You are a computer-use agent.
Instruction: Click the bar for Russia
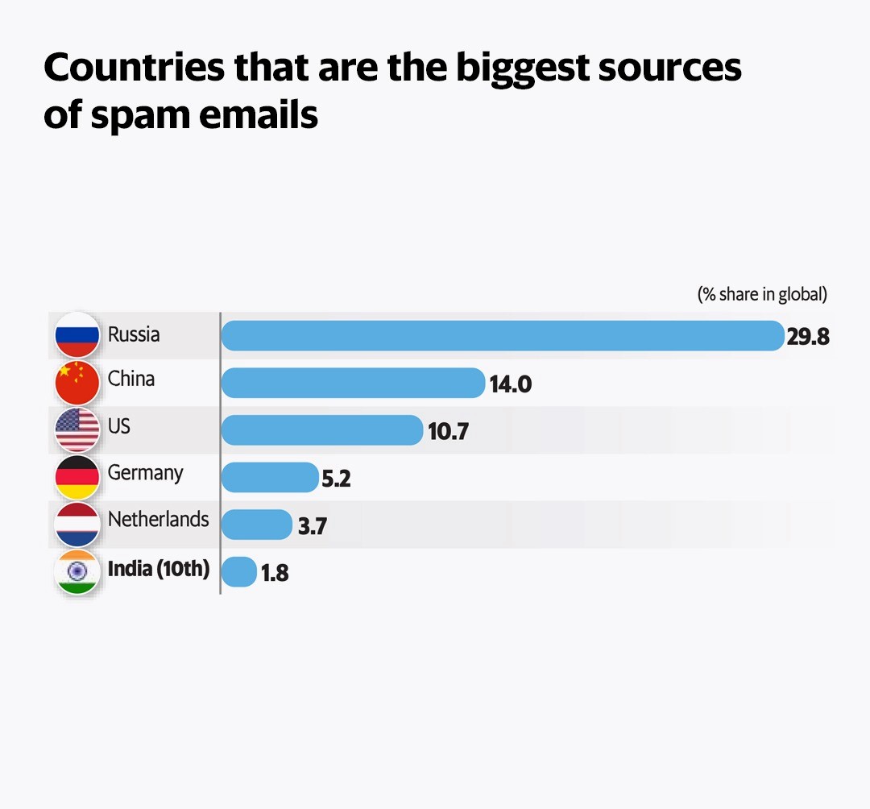point(502,335)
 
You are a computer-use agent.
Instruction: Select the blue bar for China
point(353,383)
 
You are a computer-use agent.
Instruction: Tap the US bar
point(321,430)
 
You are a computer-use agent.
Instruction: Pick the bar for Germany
point(269,478)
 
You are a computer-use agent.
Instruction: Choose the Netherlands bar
point(256,525)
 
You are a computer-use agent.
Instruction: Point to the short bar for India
point(238,572)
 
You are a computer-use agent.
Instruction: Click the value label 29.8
point(808,337)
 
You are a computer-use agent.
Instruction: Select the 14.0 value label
point(510,384)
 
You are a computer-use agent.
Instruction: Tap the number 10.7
point(448,432)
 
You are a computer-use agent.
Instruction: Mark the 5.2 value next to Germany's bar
point(336,479)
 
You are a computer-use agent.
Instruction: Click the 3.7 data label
point(312,527)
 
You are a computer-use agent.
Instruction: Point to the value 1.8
point(275,574)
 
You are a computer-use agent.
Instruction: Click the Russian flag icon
point(77,335)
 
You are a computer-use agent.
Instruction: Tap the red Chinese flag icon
point(77,382)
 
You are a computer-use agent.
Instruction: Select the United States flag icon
point(77,429)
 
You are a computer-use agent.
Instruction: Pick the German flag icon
point(77,477)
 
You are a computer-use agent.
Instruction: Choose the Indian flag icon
point(77,572)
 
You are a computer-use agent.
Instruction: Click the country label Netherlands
point(158,520)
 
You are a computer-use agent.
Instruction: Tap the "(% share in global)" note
point(762,294)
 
